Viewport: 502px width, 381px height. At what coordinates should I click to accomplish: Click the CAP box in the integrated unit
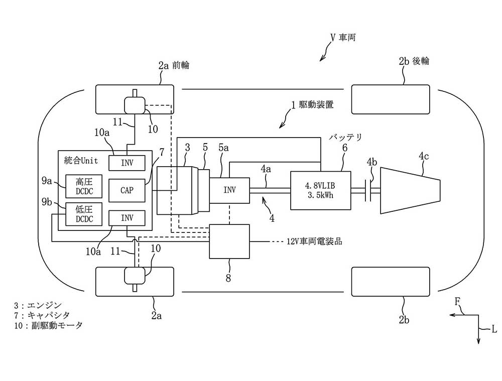click(x=127, y=191)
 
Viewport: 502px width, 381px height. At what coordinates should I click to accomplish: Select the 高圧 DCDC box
click(x=84, y=186)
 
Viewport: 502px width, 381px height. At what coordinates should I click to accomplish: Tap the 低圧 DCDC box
click(x=84, y=214)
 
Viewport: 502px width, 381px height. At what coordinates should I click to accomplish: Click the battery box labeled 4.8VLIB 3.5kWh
click(x=320, y=191)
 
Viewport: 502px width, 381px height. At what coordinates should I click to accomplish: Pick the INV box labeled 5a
click(x=229, y=190)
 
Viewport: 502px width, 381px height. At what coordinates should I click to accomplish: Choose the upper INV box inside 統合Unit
click(x=127, y=163)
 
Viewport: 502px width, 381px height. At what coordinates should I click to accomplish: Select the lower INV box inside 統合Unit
click(x=127, y=218)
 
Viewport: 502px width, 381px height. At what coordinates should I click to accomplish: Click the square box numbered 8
click(x=229, y=241)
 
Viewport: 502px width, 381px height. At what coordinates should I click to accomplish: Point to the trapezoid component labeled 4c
click(x=410, y=190)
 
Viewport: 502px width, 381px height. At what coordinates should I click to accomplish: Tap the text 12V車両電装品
click(x=314, y=241)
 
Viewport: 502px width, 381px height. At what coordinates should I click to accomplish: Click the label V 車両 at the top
click(x=343, y=38)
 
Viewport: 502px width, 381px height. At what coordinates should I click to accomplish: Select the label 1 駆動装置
click(x=312, y=105)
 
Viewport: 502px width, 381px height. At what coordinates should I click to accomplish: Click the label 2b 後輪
click(x=414, y=61)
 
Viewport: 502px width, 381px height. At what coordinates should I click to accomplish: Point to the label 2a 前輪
click(x=174, y=65)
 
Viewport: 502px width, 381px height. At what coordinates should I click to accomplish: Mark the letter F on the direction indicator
click(x=457, y=302)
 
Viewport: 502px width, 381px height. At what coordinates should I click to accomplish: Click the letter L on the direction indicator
click(x=494, y=329)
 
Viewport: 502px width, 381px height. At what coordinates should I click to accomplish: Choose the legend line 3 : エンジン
click(x=38, y=305)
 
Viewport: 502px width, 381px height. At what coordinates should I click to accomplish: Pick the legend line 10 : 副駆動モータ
click(x=48, y=326)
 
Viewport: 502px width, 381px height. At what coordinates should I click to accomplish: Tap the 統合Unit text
click(x=81, y=161)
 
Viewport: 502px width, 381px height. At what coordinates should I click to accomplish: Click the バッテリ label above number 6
click(x=345, y=138)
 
